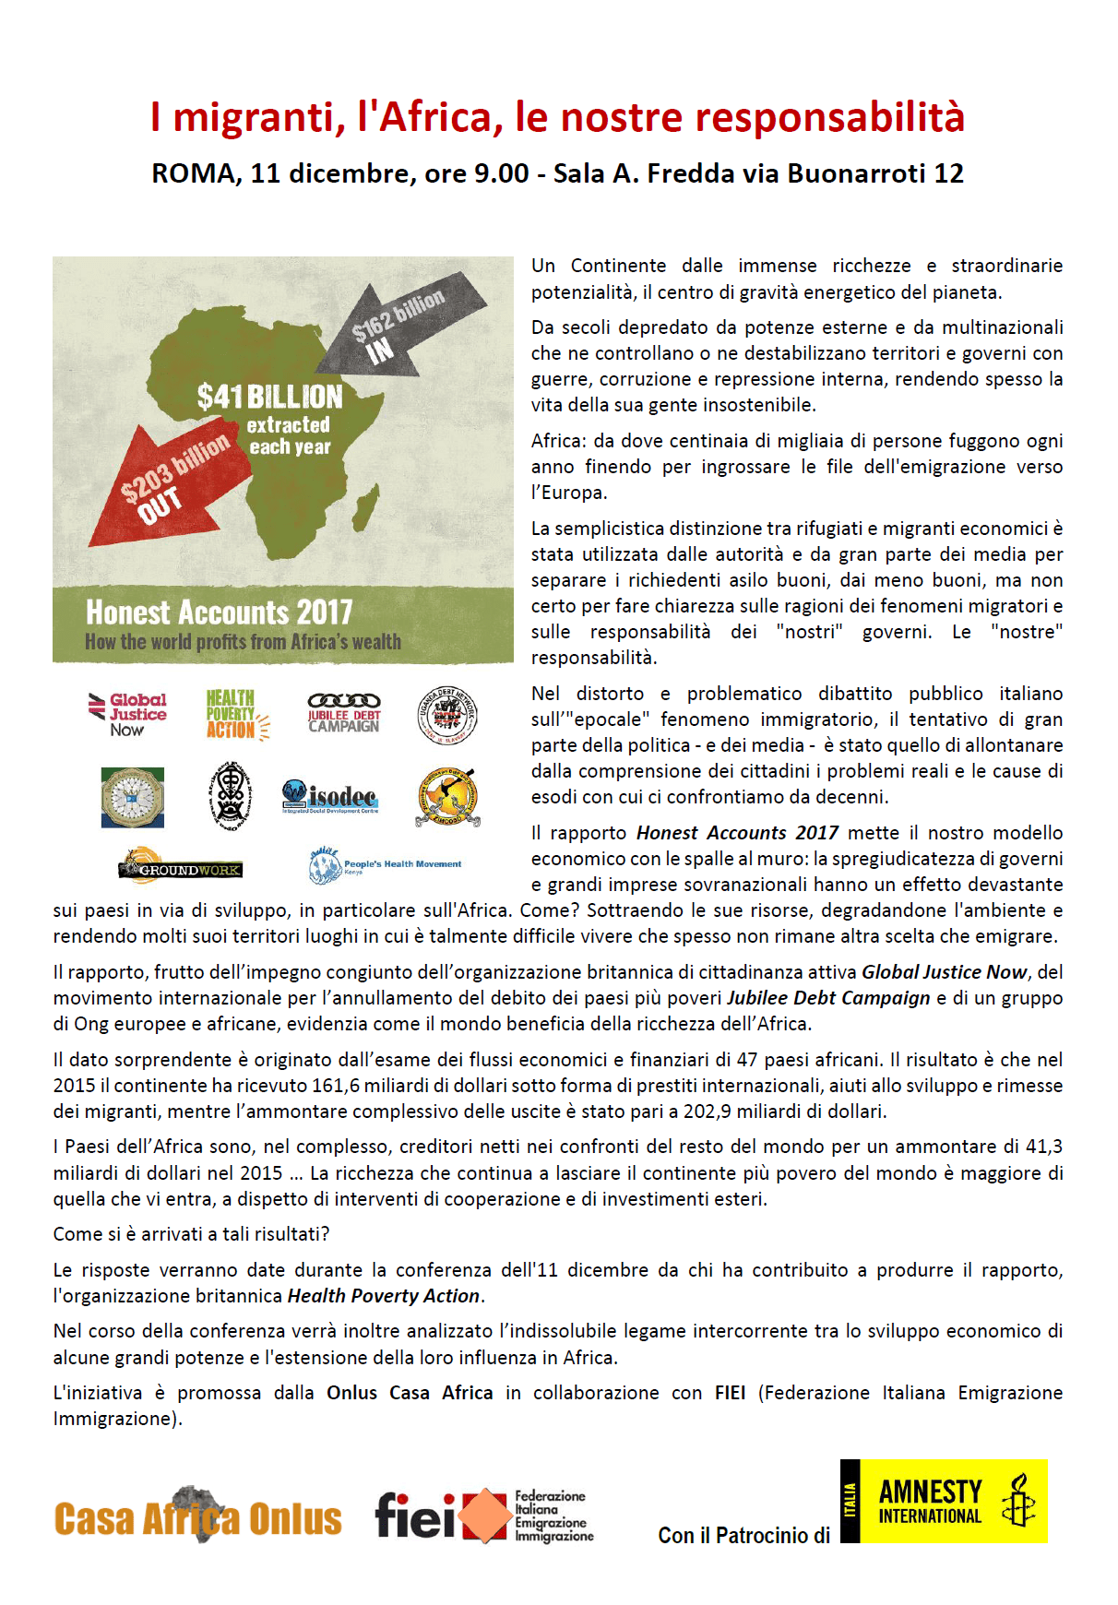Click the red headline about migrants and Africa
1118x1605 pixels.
pos(557,117)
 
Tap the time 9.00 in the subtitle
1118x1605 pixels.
pos(501,173)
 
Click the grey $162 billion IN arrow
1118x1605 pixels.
pos(406,324)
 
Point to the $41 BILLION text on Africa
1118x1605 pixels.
pos(269,397)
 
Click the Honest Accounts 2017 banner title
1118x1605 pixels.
pos(220,612)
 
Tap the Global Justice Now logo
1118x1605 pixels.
pos(128,715)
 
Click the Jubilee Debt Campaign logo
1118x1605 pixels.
pos(344,713)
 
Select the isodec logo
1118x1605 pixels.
pos(330,796)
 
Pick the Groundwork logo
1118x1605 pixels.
pos(180,867)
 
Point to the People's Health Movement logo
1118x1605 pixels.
pos(385,865)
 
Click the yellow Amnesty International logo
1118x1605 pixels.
pos(944,1501)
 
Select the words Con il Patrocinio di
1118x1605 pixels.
pos(743,1535)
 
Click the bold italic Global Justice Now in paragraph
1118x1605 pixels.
pos(944,972)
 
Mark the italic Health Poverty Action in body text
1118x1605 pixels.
pos(384,1296)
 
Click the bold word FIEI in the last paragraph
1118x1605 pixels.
pos(730,1393)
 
